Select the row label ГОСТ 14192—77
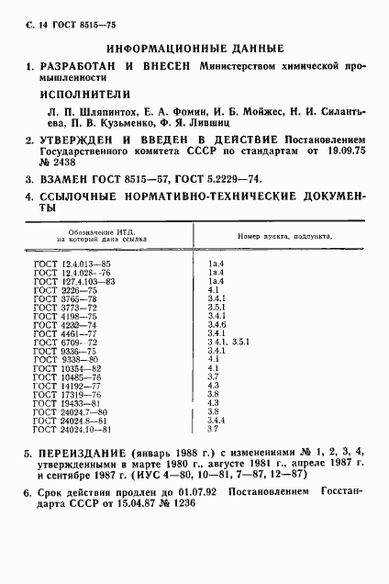point(62,386)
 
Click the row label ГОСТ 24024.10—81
point(67,429)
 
